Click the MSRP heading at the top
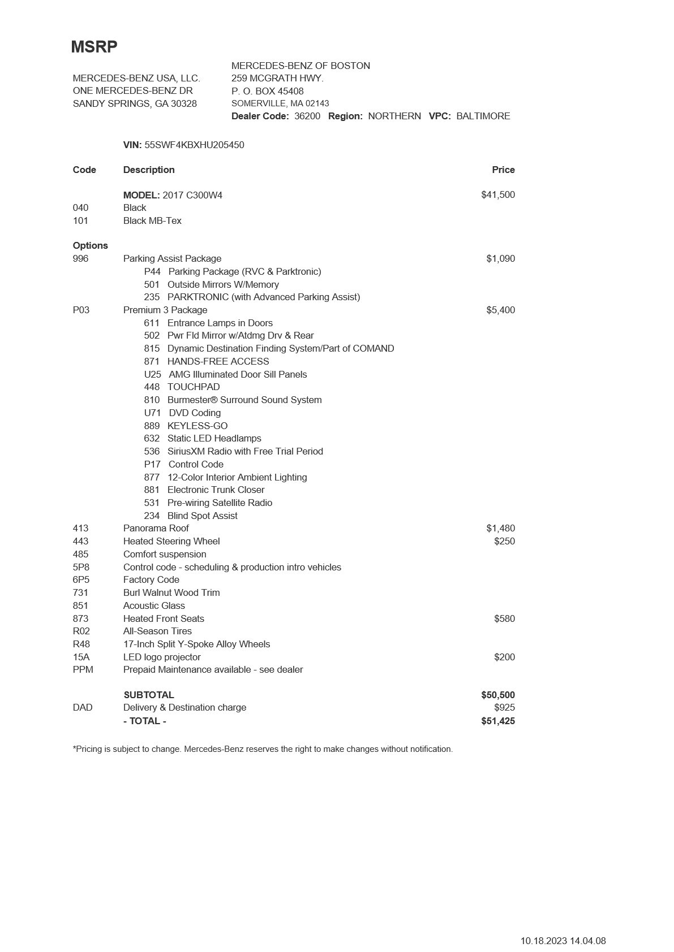pos(94,47)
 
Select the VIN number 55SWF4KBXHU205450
pos(194,145)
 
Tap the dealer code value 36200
pos(307,116)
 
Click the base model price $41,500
pos(498,194)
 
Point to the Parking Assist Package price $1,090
pos(500,258)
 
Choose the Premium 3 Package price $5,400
pos(500,310)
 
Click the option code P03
pos(81,310)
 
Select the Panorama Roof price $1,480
pos(500,528)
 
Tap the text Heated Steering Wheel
pos(171,541)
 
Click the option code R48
pos(81,644)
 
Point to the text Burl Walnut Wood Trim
pos(171,592)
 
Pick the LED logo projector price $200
pos(504,657)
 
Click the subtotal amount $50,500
pos(498,695)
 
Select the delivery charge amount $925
pos(504,707)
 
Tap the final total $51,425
pos(498,721)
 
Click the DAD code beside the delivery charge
pos(83,707)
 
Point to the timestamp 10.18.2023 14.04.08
pos(563,941)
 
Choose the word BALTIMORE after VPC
pos(483,116)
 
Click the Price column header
pos(503,170)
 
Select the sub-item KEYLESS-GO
pos(198,426)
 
